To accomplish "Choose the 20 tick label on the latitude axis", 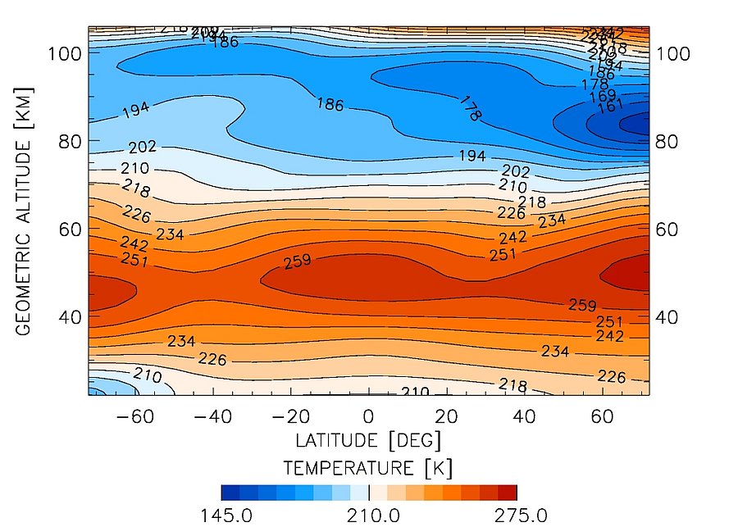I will (446, 416).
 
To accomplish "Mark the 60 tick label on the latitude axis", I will (603, 416).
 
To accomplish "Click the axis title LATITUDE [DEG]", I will (369, 441).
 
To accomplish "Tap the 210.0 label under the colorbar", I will (370, 516).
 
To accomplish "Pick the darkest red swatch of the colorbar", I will (508, 493).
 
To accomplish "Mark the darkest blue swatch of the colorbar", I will (230, 493).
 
